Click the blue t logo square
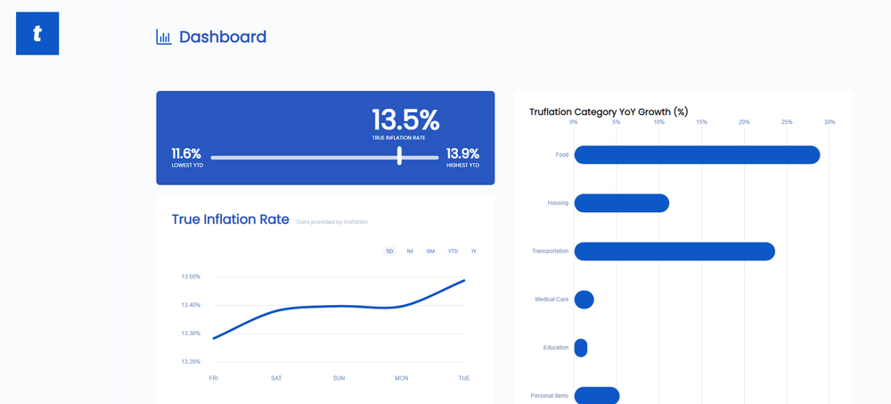coord(37,34)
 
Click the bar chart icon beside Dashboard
coord(163,37)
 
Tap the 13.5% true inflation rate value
coord(405,120)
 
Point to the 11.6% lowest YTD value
coord(186,153)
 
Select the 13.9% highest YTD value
coord(462,153)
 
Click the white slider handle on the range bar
coord(399,156)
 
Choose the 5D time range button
coord(389,251)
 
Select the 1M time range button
coord(410,251)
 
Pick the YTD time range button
coord(453,251)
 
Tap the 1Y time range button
coord(474,251)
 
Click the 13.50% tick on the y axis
coord(191,276)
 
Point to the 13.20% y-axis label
coord(191,362)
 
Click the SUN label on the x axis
coord(339,378)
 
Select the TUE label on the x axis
coord(464,378)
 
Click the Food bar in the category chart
coord(696,155)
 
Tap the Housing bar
coord(621,203)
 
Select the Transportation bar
coord(674,251)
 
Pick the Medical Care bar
coord(584,300)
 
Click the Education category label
coord(555,348)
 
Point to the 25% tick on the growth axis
coord(787,122)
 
